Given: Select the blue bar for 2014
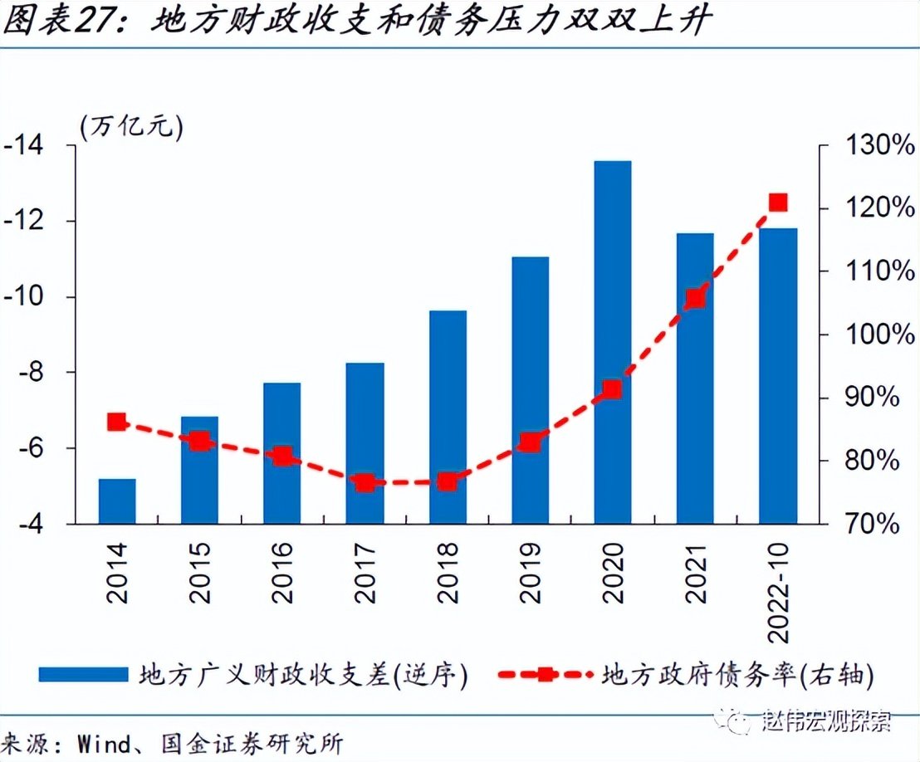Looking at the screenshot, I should (x=117, y=501).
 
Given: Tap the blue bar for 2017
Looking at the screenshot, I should (x=365, y=443).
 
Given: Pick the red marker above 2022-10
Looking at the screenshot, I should (x=778, y=203).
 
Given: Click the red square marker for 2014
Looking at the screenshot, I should (x=117, y=423).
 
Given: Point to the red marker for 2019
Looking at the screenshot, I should (x=531, y=442).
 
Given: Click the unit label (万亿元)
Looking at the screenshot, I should (x=131, y=126).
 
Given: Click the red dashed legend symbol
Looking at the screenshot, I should (x=544, y=673).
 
